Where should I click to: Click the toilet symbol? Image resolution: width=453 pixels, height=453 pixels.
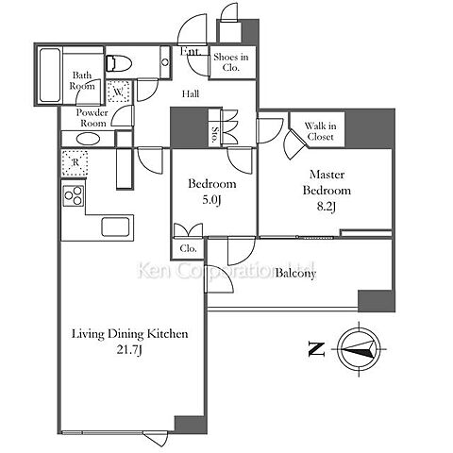pyautogui.click(x=118, y=63)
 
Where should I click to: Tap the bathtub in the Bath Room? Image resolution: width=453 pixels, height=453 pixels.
pyautogui.click(x=50, y=75)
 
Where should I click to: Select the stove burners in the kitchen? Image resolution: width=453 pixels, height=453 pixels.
pyautogui.click(x=74, y=195)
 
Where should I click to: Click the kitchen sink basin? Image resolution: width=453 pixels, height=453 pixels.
pyautogui.click(x=115, y=226)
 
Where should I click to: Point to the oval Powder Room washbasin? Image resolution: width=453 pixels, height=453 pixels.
pyautogui.click(x=89, y=139)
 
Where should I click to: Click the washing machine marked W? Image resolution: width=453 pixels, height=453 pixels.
pyautogui.click(x=118, y=92)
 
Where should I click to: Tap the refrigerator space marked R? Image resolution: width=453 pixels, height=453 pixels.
pyautogui.click(x=75, y=162)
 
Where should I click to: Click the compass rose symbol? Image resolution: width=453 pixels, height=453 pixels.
pyautogui.click(x=359, y=349)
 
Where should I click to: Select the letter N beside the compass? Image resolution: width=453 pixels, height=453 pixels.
pyautogui.click(x=316, y=349)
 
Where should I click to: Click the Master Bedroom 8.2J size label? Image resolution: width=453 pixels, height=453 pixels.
pyautogui.click(x=327, y=207)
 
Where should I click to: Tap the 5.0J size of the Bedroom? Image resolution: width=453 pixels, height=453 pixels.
pyautogui.click(x=211, y=200)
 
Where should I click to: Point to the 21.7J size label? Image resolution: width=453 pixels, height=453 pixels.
pyautogui.click(x=129, y=350)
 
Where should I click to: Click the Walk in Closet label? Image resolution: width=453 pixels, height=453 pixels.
pyautogui.click(x=320, y=131)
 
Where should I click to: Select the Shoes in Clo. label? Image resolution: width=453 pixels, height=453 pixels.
pyautogui.click(x=231, y=62)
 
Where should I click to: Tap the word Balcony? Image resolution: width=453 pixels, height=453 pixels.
pyautogui.click(x=295, y=273)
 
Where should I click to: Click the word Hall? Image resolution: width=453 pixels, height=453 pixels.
pyautogui.click(x=191, y=93)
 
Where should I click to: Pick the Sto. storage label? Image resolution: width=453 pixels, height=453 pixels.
pyautogui.click(x=215, y=134)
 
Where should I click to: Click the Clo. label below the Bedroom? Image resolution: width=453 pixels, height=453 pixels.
pyautogui.click(x=188, y=248)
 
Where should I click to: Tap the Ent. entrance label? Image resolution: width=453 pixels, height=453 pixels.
pyautogui.click(x=191, y=51)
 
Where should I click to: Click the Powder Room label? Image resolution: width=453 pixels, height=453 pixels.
pyautogui.click(x=92, y=118)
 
